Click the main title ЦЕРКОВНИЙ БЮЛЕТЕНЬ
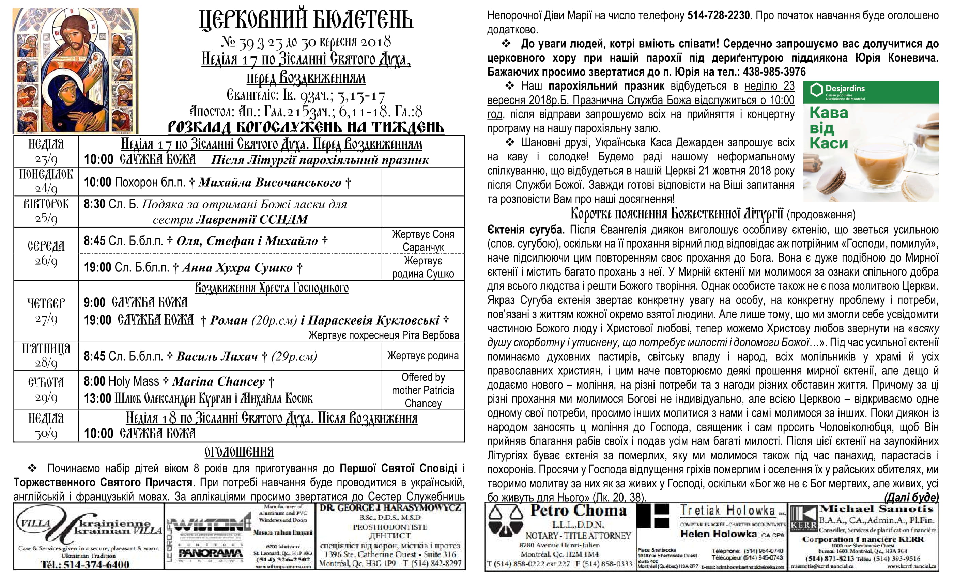[x=306, y=20]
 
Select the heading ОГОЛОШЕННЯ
[x=239, y=452]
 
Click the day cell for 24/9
[x=46, y=182]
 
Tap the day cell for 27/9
[x=46, y=311]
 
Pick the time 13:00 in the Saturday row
[x=97, y=398]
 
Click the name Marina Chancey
[x=218, y=381]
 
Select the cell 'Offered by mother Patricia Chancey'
[x=423, y=390]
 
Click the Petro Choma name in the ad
[x=579, y=511]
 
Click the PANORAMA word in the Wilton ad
[x=210, y=553]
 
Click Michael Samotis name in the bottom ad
[x=877, y=509]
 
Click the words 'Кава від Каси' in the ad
[x=829, y=128]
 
